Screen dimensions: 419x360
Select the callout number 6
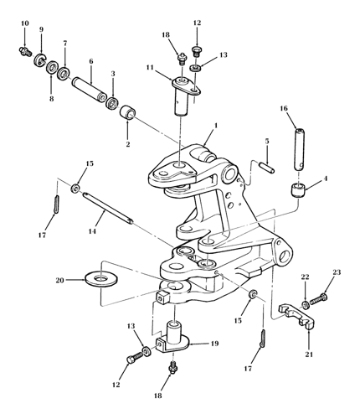(x=91, y=60)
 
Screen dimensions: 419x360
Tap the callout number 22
(x=306, y=277)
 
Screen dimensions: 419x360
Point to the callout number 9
(x=40, y=31)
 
